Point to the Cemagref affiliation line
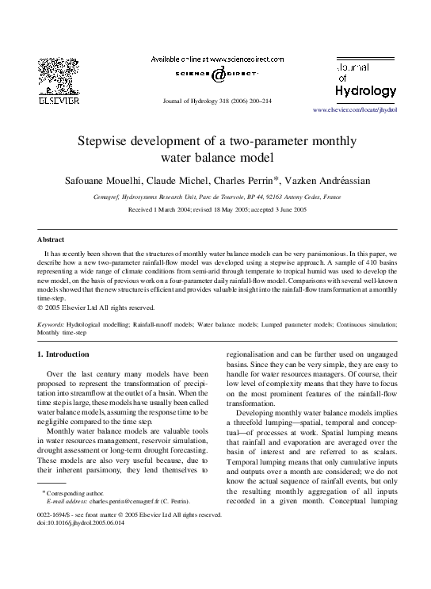[215, 196]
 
